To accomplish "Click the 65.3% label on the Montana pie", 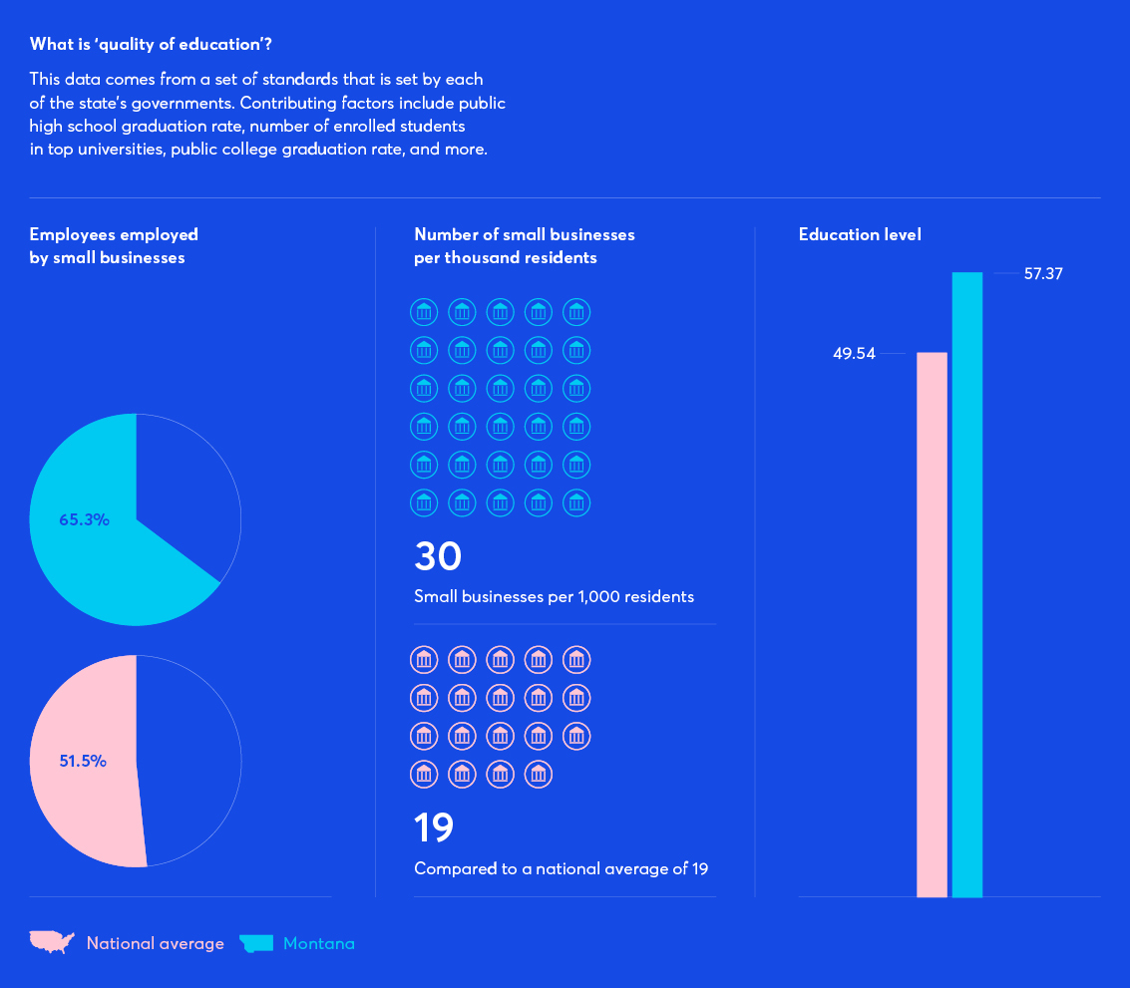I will [x=84, y=519].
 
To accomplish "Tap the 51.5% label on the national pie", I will [x=83, y=761].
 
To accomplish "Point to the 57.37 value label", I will [x=1043, y=273].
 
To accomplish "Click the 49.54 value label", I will [x=854, y=354].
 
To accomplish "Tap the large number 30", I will [x=438, y=556].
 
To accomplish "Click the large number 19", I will [x=434, y=827].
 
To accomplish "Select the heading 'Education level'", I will [x=860, y=235].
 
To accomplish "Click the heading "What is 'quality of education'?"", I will [x=151, y=44].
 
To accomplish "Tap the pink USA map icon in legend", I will [x=52, y=942].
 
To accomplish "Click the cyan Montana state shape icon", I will [x=256, y=943].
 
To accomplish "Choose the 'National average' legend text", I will [x=155, y=943].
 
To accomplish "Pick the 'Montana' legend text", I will [x=318, y=943].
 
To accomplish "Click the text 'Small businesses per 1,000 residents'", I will [x=554, y=597].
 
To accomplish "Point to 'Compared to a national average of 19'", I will [x=561, y=868].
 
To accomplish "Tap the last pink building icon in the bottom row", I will [x=539, y=774].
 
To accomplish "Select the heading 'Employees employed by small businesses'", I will [x=114, y=246].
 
